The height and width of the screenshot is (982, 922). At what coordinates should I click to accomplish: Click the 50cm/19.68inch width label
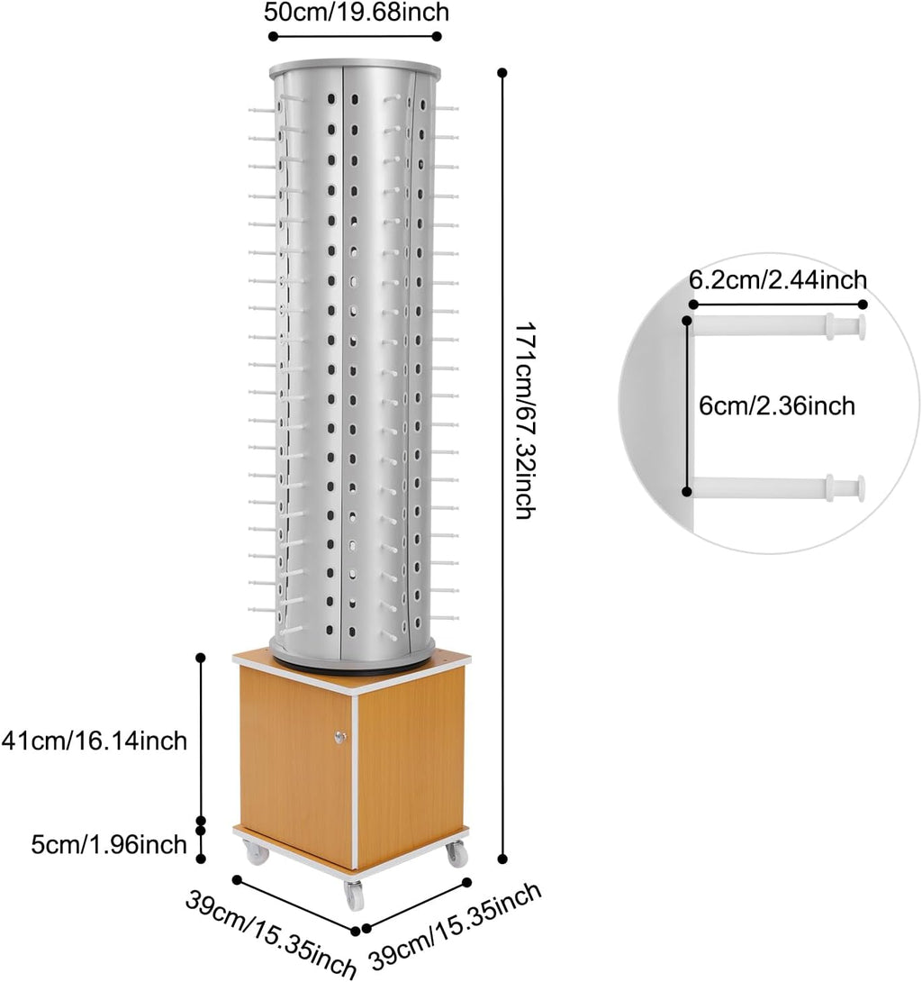coord(357,12)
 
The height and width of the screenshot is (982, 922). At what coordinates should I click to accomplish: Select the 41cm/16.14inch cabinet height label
coord(95,741)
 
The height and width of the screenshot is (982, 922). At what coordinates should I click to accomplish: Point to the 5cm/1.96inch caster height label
coord(109,845)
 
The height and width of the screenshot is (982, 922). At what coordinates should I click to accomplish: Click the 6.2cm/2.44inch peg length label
coord(778,280)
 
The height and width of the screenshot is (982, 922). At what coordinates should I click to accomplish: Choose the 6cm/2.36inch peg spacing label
coord(777,405)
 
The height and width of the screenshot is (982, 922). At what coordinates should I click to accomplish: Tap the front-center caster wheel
coord(354,896)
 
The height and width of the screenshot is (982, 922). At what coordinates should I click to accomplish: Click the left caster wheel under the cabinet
coord(257,853)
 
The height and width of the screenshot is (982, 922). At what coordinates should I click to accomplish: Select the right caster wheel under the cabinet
coord(456,853)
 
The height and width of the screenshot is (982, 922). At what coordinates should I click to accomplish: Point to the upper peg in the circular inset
coord(778,326)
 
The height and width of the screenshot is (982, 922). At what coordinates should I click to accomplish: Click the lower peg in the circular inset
coord(778,488)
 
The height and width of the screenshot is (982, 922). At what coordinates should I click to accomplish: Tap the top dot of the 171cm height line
coord(502,73)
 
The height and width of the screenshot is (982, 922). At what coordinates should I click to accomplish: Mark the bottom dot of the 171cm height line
coord(502,859)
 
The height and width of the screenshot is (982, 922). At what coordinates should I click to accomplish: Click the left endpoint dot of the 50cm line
coord(273,36)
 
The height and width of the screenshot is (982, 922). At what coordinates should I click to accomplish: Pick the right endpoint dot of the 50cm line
coord(437,36)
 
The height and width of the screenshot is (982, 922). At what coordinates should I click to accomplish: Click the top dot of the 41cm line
coord(201,658)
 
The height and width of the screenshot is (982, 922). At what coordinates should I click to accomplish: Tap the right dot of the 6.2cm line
coord(863,305)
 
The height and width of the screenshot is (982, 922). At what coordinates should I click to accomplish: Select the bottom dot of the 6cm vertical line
coord(687,492)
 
